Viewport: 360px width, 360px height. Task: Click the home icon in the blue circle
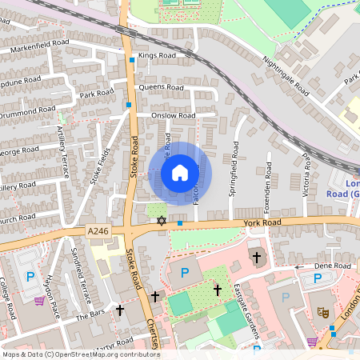[180, 172]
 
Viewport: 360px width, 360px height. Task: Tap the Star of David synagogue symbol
[161, 221]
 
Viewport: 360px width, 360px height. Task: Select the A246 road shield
[98, 231]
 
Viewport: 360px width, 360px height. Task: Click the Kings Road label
[156, 56]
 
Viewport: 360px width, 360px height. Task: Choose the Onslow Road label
[174, 115]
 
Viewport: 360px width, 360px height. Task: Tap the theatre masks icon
[323, 312]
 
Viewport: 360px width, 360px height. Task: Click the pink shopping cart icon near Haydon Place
[39, 301]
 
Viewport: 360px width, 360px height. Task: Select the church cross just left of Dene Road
[257, 258]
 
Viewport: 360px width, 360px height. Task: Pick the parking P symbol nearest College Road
[30, 277]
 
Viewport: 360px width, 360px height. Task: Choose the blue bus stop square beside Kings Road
[132, 59]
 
